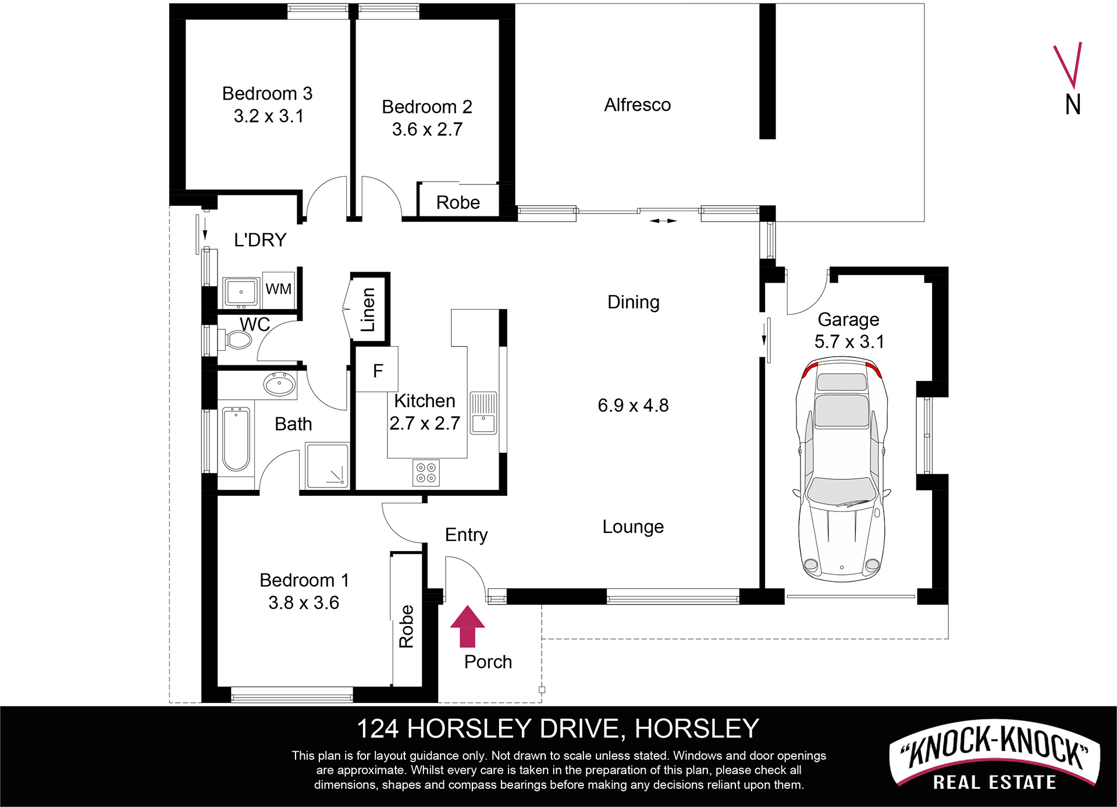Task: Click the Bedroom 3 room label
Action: pyautogui.click(x=268, y=93)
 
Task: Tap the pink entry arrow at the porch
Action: pyautogui.click(x=467, y=627)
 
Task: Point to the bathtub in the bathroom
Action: pyautogui.click(x=236, y=439)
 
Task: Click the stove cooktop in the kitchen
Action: pyautogui.click(x=426, y=472)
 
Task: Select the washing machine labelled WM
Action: pyautogui.click(x=279, y=289)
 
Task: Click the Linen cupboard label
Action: pyautogui.click(x=368, y=310)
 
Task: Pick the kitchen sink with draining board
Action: pyautogui.click(x=483, y=413)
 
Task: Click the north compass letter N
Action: pyautogui.click(x=1073, y=105)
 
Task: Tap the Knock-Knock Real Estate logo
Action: pyautogui.click(x=994, y=758)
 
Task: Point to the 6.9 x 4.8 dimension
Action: pyautogui.click(x=633, y=405)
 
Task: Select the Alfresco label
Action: pyautogui.click(x=637, y=105)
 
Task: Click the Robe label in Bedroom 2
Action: pyautogui.click(x=458, y=202)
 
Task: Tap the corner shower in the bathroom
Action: pyautogui.click(x=328, y=465)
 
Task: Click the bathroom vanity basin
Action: pyautogui.click(x=279, y=385)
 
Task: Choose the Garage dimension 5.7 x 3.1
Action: pyautogui.click(x=849, y=342)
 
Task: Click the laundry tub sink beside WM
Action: pyautogui.click(x=241, y=291)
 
